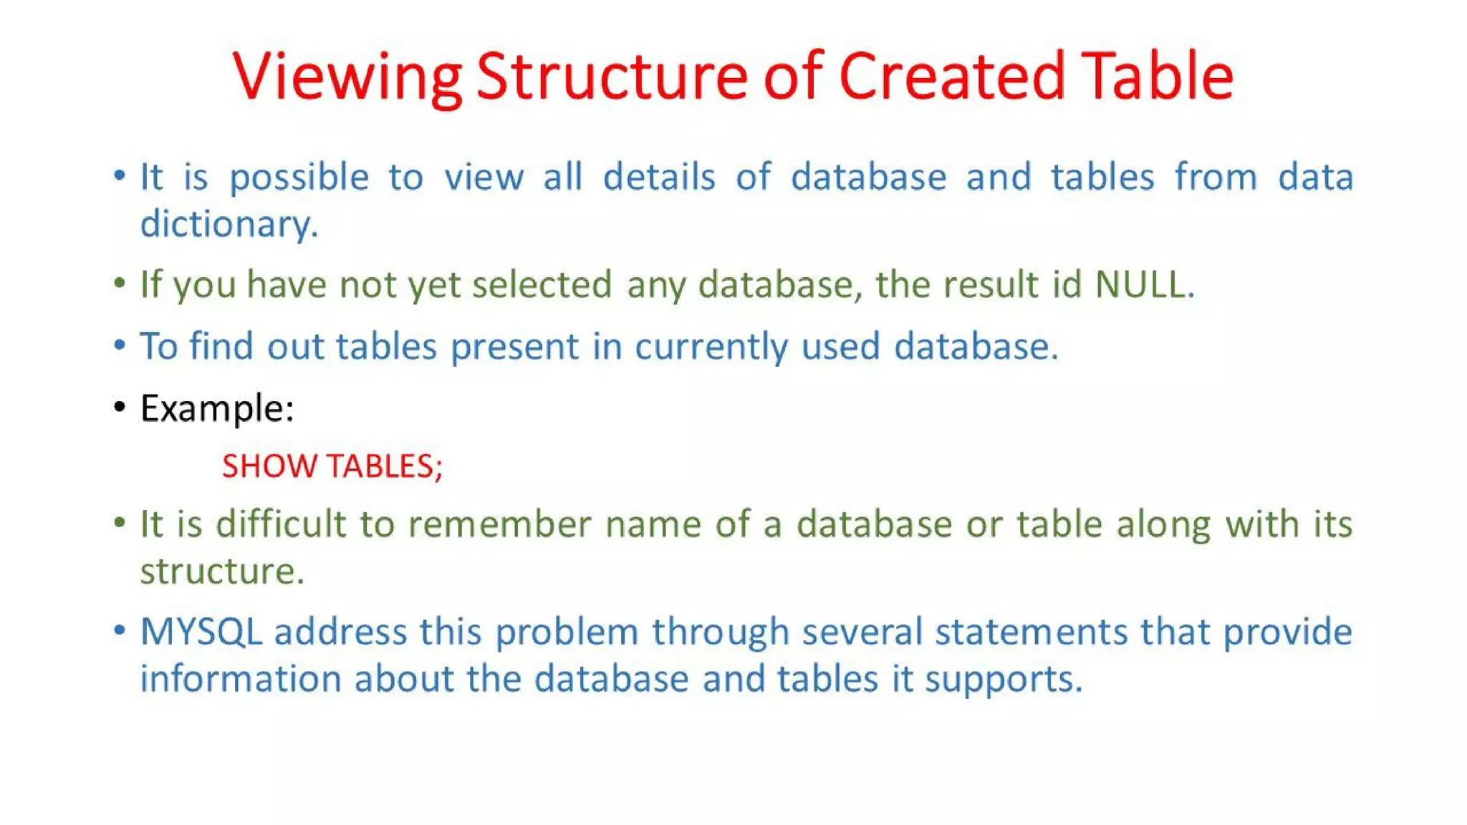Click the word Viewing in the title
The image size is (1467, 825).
coord(347,77)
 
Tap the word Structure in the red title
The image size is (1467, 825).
coord(612,76)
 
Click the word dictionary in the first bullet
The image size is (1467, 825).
coord(228,224)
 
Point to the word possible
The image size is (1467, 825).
coord(299,178)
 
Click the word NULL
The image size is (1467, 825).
coord(1143,284)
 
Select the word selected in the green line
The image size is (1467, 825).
coord(542,284)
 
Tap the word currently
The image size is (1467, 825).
coord(711,347)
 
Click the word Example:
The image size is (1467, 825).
coord(217,409)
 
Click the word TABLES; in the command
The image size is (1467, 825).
coord(385,466)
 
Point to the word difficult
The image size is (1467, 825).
coord(280,524)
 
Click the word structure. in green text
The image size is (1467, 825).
coord(222,571)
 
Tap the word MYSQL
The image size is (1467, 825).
coord(201,632)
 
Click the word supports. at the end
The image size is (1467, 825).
coord(1003,680)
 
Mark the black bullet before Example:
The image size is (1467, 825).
coord(120,407)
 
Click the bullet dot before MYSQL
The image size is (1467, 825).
coord(120,631)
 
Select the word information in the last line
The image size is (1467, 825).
coord(240,679)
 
